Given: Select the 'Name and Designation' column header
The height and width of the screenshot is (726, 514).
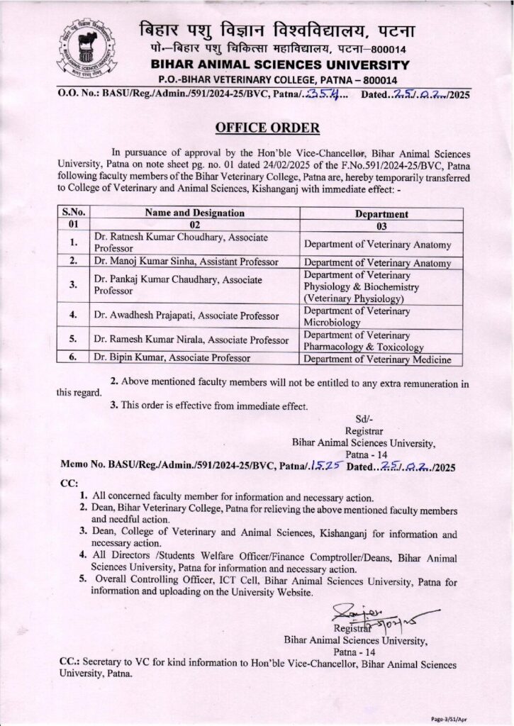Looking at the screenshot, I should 195,213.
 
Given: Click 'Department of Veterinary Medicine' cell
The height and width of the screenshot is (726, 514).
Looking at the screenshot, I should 377,360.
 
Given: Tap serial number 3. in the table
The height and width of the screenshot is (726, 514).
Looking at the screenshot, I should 73,284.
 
